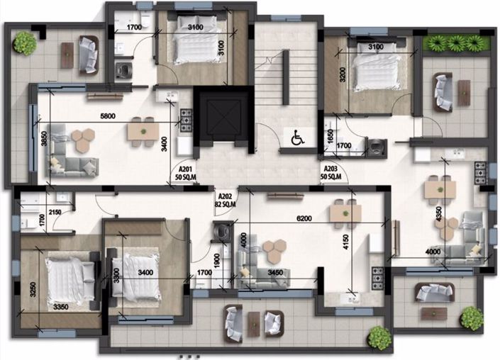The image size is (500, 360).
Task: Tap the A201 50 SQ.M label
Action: tap(186, 172)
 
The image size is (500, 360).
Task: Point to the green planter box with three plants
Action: tap(455, 43)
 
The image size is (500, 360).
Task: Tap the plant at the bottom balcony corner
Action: tap(379, 337)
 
